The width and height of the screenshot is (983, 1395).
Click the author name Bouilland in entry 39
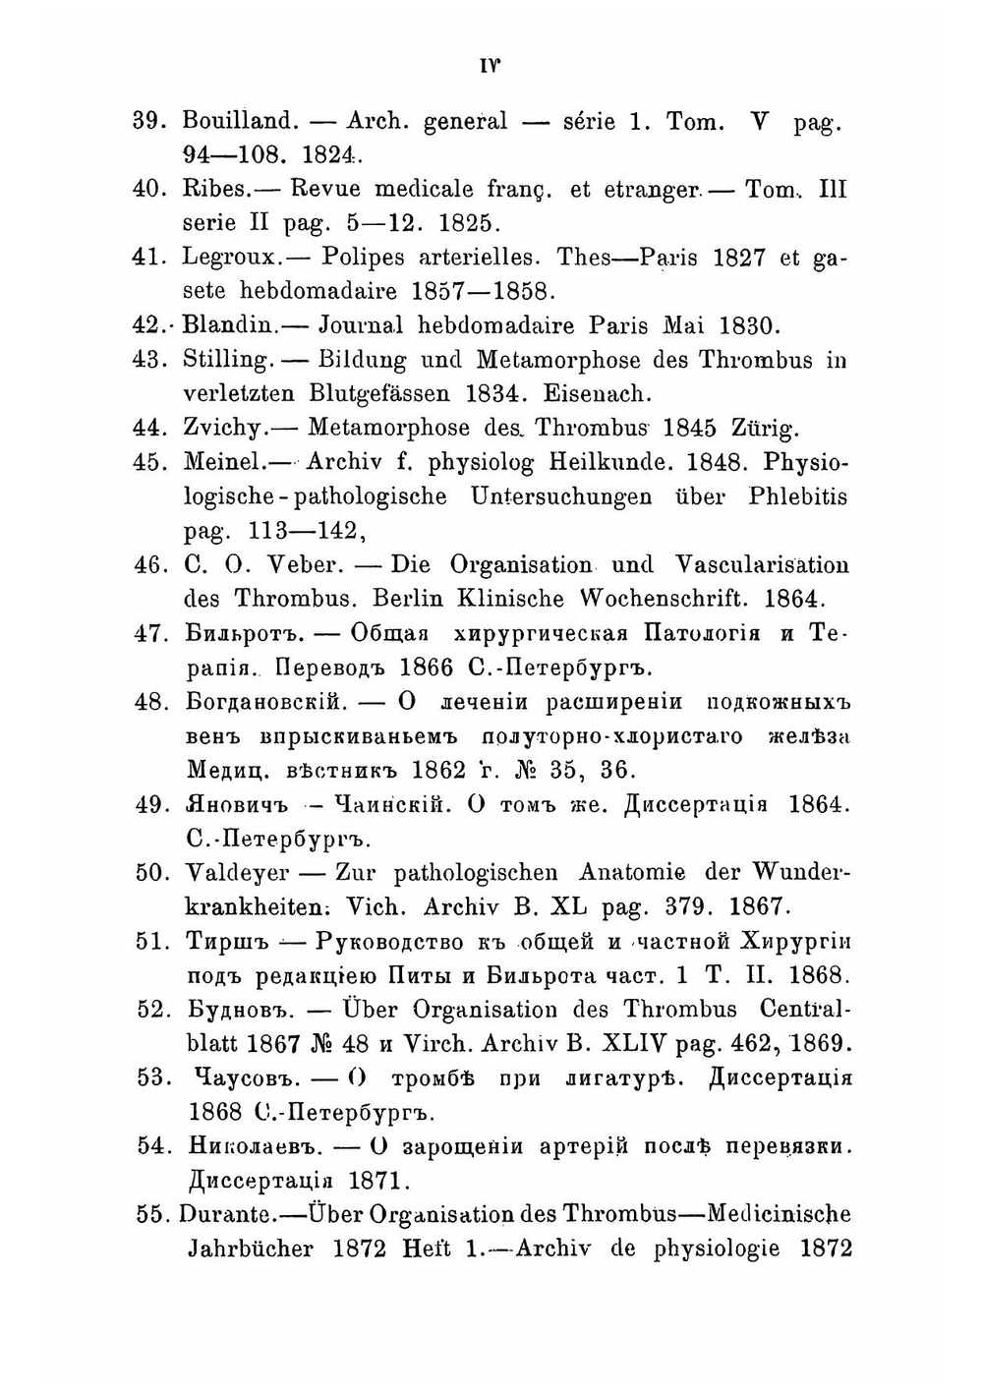point(239,121)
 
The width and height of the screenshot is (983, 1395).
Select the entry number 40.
point(150,189)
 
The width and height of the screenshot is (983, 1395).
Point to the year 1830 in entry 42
point(750,325)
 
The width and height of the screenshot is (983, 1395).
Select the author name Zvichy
point(226,429)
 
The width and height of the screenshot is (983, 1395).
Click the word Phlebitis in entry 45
point(797,496)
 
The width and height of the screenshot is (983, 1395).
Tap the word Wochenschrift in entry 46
point(671,599)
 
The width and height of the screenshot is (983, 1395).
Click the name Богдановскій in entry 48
point(262,702)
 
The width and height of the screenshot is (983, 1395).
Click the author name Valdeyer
point(237,872)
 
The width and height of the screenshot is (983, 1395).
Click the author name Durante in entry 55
point(230,1214)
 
